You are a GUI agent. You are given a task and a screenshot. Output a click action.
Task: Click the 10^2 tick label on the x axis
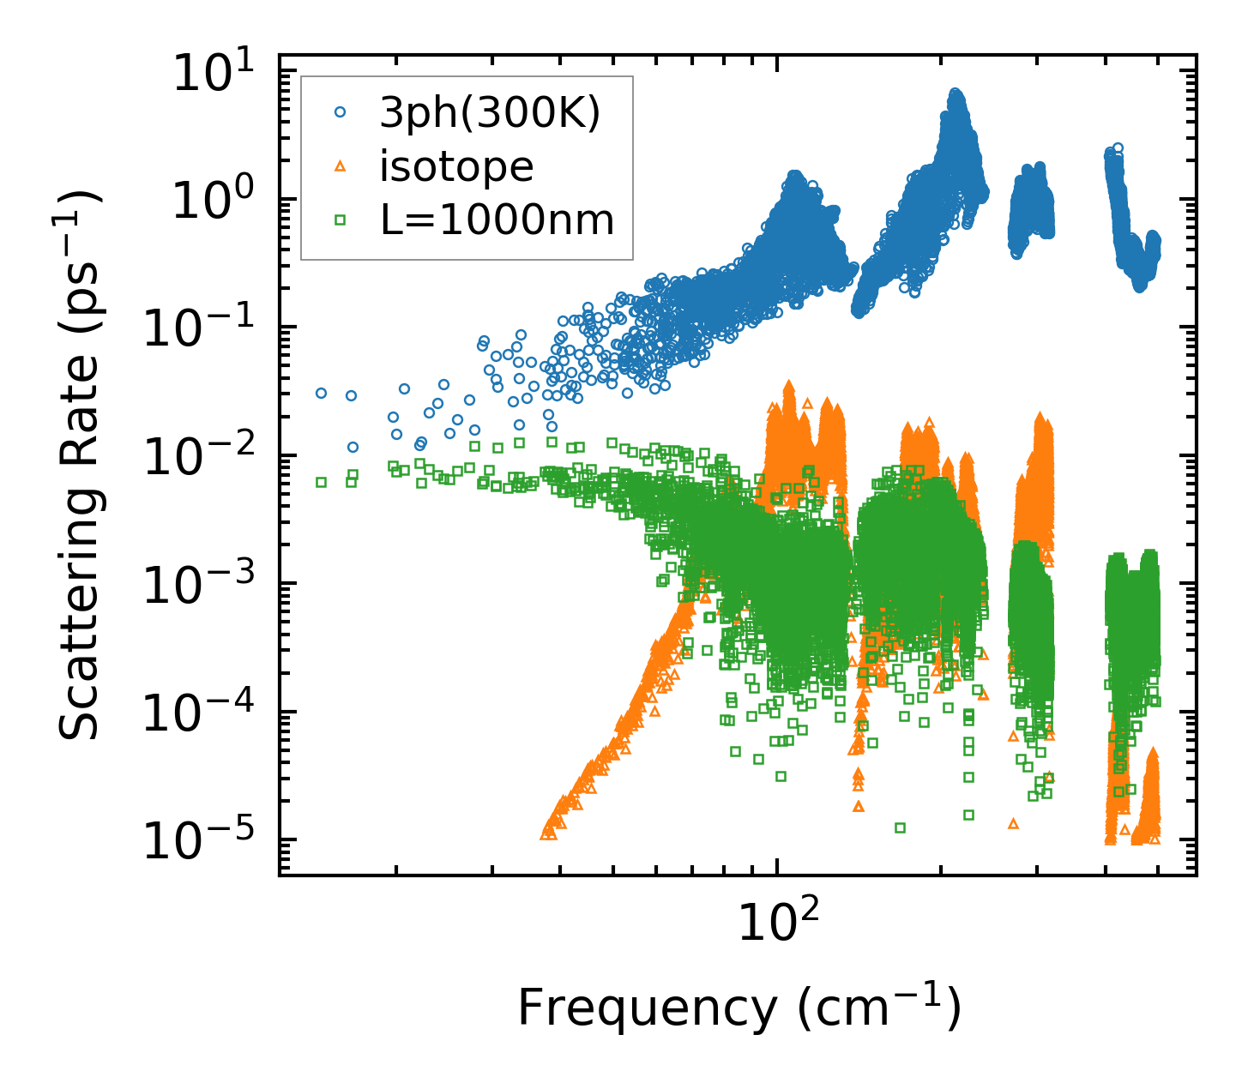pos(777,922)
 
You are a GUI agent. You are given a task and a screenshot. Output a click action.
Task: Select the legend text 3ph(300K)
pos(490,113)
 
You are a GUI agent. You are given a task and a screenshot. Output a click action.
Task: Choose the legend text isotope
pos(456,166)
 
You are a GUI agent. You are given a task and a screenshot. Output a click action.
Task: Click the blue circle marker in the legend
pos(341,112)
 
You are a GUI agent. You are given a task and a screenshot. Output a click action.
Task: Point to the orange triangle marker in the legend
pos(341,166)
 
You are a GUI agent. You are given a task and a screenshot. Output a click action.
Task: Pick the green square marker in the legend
pos(341,220)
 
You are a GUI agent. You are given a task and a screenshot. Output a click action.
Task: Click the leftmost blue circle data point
pos(321,393)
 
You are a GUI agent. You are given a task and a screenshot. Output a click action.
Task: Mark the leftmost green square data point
pos(321,482)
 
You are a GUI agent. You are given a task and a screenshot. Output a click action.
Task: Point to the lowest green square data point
pos(900,827)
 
